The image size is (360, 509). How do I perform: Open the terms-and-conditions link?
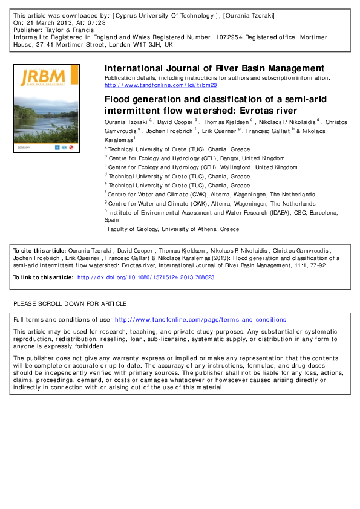pos(200,319)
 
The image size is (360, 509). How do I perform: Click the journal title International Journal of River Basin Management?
pos(214,68)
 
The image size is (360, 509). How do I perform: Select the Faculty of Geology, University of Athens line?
pos(174,229)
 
